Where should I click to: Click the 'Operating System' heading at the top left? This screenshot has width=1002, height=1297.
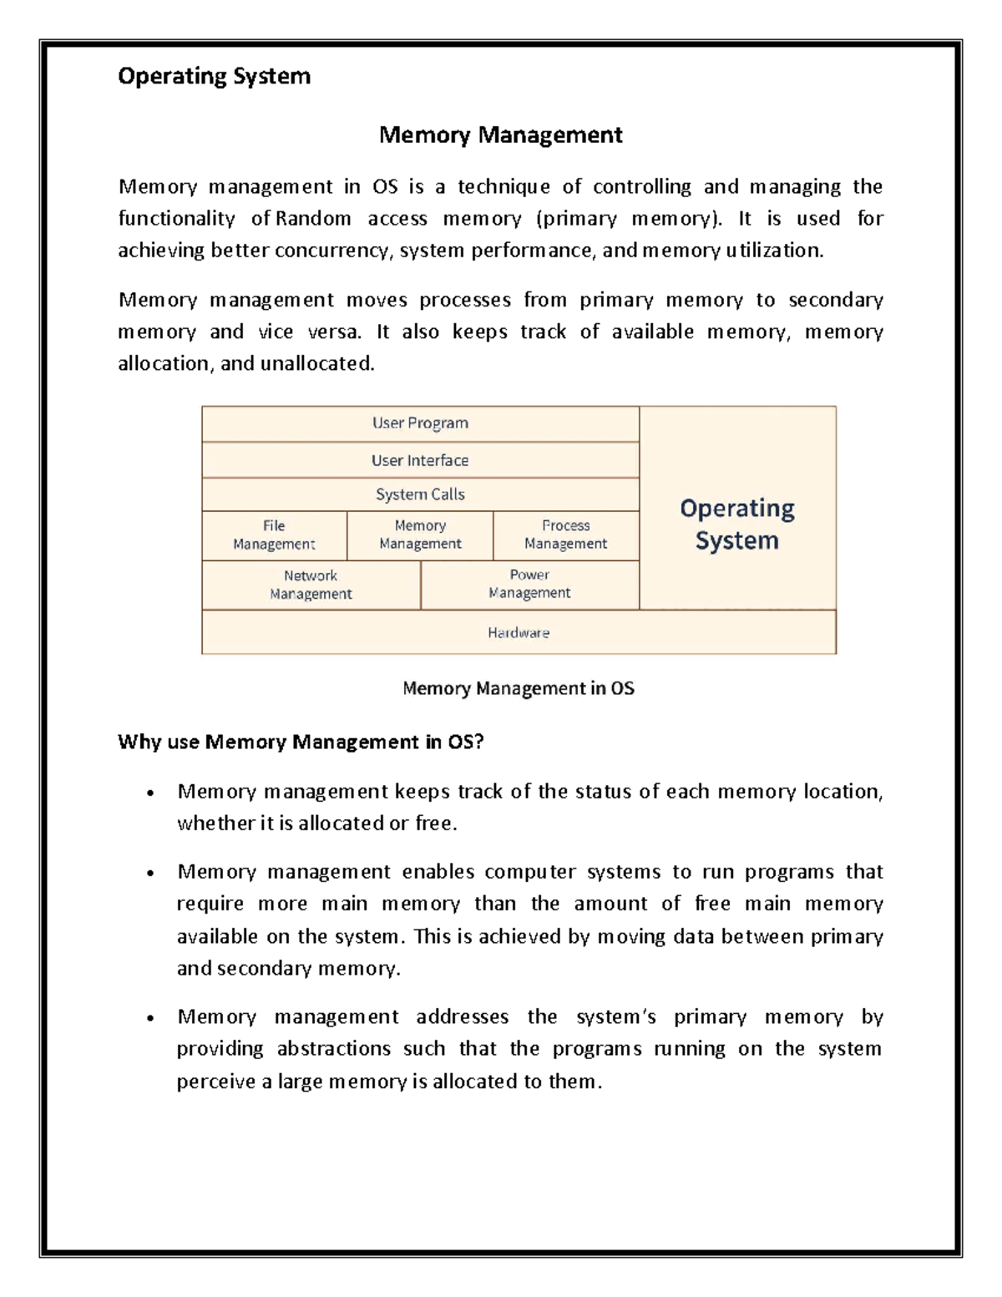pos(214,76)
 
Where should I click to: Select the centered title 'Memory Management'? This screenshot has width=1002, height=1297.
pos(500,134)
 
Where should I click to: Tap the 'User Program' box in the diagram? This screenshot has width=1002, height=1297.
pos(420,423)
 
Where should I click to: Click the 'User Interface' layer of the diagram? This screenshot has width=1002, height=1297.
pos(420,460)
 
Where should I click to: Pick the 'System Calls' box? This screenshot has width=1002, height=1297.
pos(420,494)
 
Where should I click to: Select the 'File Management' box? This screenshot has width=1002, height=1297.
pos(274,535)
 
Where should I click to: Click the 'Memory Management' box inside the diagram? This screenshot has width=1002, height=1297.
pos(420,535)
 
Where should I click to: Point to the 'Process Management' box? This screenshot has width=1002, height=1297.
pos(565,535)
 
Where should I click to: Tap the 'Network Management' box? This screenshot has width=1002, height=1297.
pos(311,585)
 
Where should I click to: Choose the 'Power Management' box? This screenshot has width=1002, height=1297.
pos(529,585)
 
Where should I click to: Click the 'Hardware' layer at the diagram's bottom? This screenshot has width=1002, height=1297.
pos(519,633)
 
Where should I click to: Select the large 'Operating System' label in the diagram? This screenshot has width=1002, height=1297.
pos(737,524)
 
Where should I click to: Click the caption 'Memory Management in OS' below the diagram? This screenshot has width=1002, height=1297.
pos(519,688)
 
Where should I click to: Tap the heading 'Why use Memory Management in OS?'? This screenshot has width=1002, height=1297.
pos(301,742)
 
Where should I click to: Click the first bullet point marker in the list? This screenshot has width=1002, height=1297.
pos(150,793)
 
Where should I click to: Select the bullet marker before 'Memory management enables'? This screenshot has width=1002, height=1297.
pos(150,874)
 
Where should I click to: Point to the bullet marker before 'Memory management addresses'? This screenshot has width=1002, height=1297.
pos(150,1018)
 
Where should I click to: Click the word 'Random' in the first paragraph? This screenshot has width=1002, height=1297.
pos(313,219)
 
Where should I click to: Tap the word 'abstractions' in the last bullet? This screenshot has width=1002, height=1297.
pos(334,1049)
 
